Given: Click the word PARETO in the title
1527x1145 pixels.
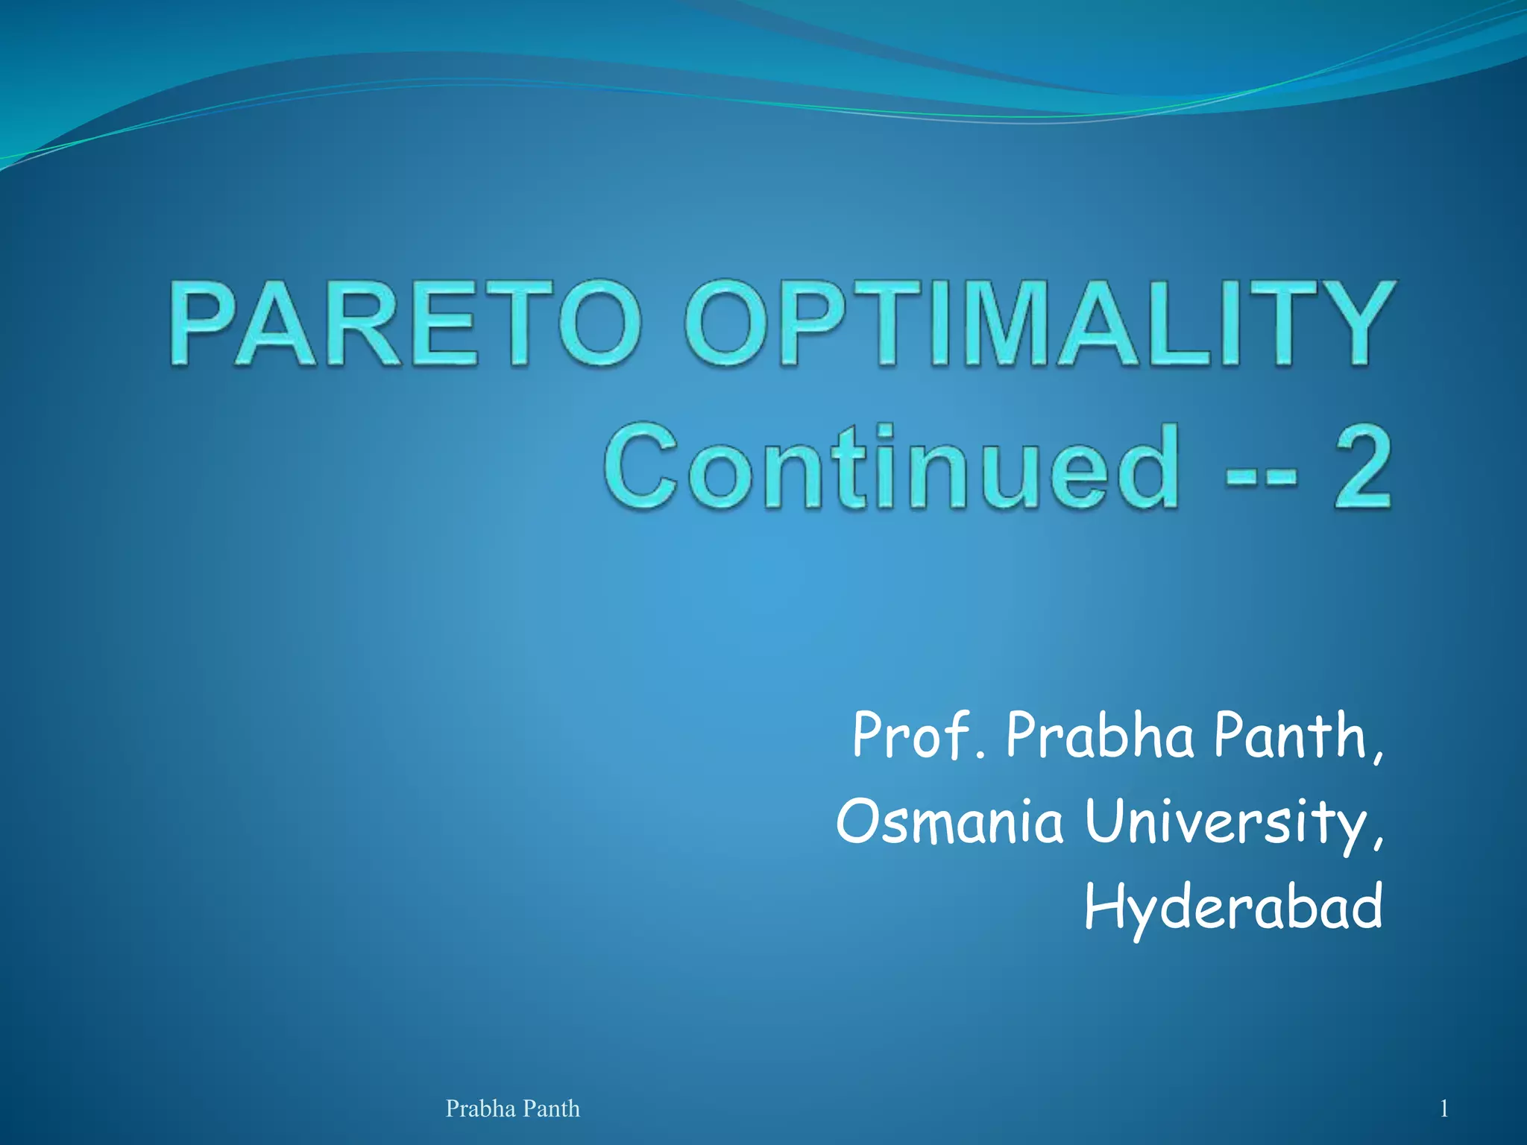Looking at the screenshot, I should pos(405,324).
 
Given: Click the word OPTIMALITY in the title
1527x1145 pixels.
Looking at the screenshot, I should pos(1039,324).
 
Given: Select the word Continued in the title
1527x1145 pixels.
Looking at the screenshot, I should pos(892,468).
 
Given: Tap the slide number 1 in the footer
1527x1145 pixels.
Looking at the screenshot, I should pos(1443,1109).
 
